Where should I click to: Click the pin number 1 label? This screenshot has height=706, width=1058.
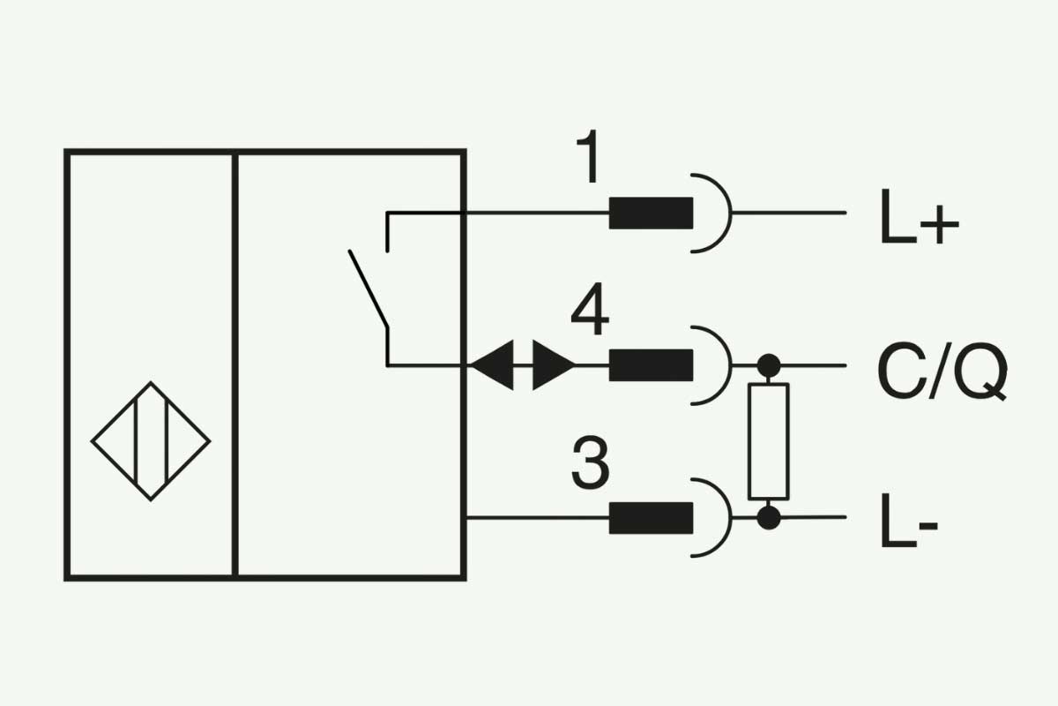pos(589,156)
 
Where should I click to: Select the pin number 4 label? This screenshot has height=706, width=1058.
pos(590,308)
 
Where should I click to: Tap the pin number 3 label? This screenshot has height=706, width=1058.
pos(591,462)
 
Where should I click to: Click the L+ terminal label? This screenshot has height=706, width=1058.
pos(920,217)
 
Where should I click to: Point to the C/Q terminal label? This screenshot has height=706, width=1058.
pos(943,372)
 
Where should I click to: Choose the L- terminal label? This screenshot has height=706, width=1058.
pos(909,520)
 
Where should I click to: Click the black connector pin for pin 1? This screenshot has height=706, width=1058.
pos(651,214)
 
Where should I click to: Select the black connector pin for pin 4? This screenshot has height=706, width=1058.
pos(651,365)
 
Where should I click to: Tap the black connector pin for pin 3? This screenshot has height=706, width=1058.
pos(651,518)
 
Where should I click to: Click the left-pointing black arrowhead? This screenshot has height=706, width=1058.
pos(492,365)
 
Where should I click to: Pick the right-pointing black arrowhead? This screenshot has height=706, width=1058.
pos(554,365)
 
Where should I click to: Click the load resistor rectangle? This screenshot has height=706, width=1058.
pos(769,441)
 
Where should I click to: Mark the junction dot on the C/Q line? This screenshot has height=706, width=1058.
pos(769,365)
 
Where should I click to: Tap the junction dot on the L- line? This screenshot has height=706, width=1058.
pos(769,517)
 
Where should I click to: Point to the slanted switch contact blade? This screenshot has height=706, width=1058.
pos(369,289)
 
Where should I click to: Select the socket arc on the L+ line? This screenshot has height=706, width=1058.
pos(731,214)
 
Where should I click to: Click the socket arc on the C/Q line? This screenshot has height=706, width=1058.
pos(731,365)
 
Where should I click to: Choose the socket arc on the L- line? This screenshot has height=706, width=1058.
pos(731,518)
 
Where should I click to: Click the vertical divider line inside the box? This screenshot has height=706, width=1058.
pos(235,364)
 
